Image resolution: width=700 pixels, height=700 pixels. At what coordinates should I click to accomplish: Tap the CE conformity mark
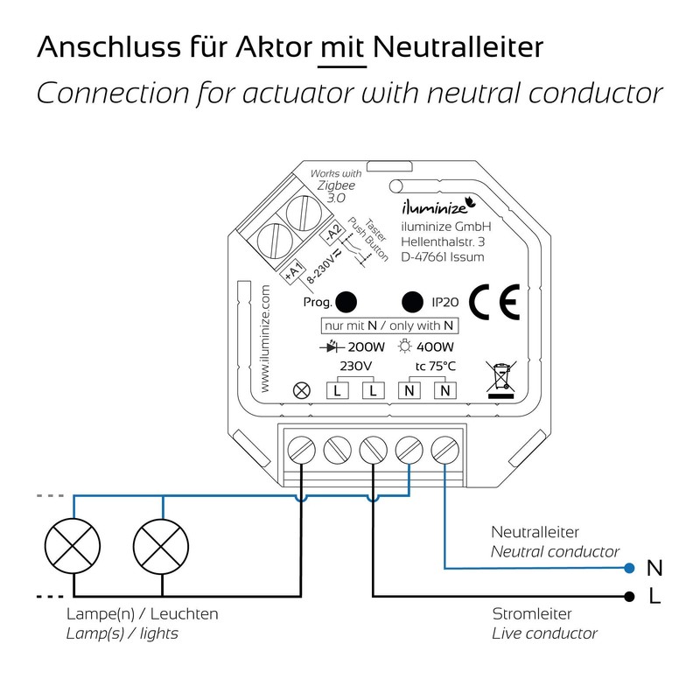pos(493,303)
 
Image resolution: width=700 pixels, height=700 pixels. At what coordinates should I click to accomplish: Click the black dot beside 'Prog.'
pos(347,302)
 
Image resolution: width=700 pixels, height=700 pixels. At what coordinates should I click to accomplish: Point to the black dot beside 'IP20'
pos(411,302)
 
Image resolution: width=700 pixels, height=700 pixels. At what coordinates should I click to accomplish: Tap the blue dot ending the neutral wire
pos(628,568)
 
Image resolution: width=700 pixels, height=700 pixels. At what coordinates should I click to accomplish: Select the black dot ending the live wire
pos(628,596)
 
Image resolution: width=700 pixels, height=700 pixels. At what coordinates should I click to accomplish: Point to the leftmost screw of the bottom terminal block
pos(302,451)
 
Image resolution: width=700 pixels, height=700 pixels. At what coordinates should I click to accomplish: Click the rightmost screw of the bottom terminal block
pos(445,451)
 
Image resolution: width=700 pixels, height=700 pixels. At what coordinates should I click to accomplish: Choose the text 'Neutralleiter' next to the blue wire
pos(535,532)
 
